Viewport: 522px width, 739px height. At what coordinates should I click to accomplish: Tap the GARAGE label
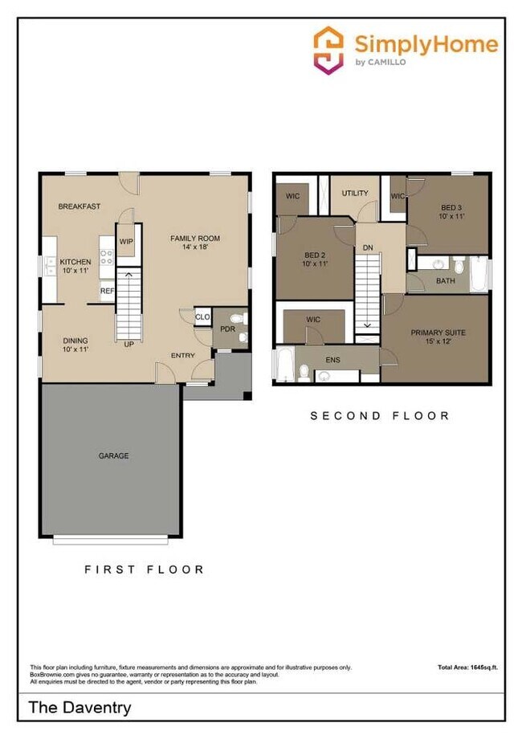[x=113, y=455]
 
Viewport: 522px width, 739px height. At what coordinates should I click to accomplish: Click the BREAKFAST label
[x=80, y=206]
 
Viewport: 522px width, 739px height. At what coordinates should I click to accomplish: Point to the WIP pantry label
[x=126, y=241]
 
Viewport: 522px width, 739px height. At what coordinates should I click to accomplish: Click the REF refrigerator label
[x=106, y=292]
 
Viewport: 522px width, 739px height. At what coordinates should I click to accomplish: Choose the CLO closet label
[x=202, y=317]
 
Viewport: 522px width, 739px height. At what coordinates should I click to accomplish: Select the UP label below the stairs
[x=128, y=345]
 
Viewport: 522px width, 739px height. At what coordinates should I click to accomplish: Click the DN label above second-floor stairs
[x=368, y=248]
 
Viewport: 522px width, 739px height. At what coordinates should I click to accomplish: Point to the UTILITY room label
[x=354, y=194]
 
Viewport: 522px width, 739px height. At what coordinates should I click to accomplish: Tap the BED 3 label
[x=451, y=210]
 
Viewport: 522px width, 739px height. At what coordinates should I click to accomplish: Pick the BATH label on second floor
[x=446, y=281]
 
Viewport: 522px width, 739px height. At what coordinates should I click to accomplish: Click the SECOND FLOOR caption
[x=380, y=416]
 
